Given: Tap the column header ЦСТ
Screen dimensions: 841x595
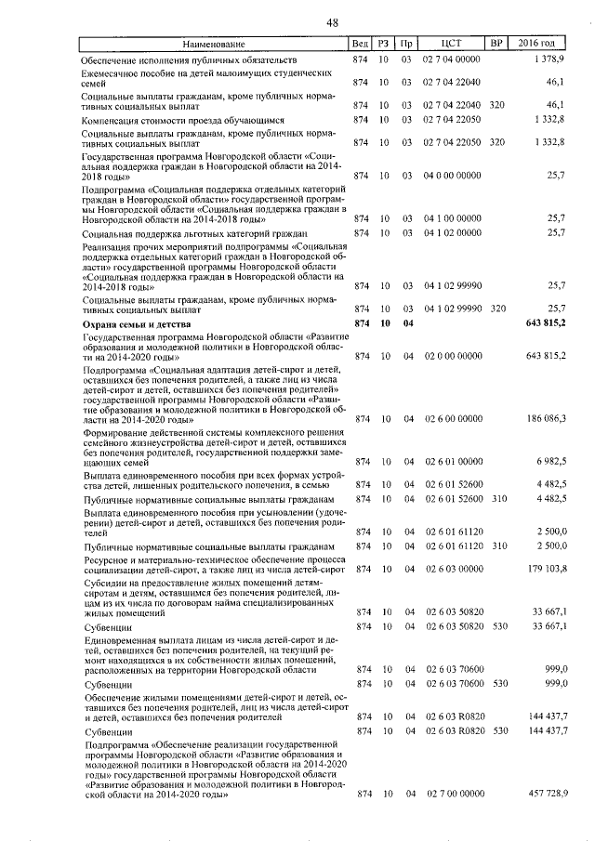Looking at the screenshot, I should tap(451, 44).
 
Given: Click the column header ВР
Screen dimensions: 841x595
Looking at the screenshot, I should tap(496, 44).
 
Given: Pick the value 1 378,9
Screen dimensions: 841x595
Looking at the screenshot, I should tap(549, 59).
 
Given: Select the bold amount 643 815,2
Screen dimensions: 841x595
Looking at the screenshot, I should tap(545, 323).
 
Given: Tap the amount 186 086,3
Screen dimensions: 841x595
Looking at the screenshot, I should tap(546, 419).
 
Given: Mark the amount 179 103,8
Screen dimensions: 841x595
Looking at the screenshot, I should tap(546, 568).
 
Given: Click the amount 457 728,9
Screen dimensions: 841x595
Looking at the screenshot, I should tap(546, 795).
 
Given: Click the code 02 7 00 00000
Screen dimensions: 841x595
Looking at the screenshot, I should tap(453, 795).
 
